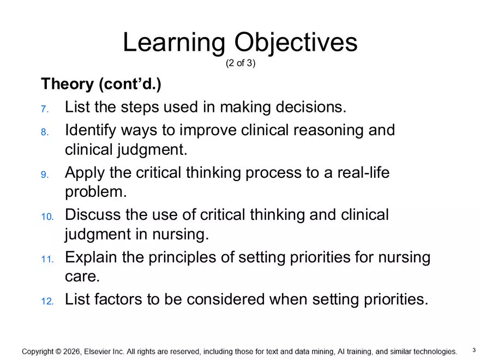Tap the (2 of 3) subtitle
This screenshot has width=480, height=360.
click(240, 63)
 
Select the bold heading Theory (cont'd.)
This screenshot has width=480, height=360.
click(101, 85)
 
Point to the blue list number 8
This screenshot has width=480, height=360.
click(45, 132)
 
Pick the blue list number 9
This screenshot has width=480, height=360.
click(45, 175)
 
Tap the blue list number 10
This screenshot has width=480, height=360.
click(47, 217)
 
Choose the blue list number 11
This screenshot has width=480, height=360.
click(47, 259)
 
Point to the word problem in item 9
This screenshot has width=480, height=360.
click(95, 192)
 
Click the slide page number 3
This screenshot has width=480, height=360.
click(473, 350)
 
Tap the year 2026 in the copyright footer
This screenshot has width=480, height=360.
click(73, 352)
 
